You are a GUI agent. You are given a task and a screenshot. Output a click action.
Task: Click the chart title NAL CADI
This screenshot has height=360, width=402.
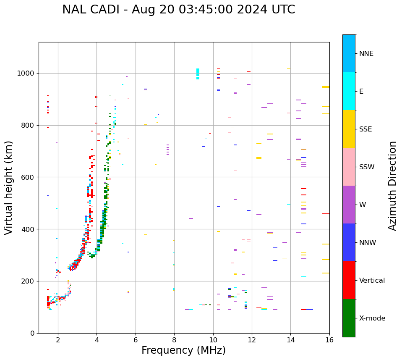(178, 10)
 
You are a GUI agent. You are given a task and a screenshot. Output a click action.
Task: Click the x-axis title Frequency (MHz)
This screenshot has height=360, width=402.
(183, 350)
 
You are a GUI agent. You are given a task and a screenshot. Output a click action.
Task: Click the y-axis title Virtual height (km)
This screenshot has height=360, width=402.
(9, 188)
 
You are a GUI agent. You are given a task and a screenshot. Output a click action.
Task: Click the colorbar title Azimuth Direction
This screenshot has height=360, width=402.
(392, 186)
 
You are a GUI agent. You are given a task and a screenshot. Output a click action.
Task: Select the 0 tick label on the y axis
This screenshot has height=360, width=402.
(32, 333)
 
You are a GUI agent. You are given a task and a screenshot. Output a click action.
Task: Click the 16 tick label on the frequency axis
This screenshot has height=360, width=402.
(329, 340)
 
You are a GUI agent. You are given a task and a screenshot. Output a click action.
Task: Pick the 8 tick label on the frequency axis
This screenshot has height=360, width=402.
(174, 340)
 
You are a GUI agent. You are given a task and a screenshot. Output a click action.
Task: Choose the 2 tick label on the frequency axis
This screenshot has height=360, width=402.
(58, 340)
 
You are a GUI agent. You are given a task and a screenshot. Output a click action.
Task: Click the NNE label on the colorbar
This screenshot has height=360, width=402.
(366, 54)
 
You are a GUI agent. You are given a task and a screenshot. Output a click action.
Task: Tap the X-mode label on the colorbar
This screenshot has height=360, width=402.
(372, 318)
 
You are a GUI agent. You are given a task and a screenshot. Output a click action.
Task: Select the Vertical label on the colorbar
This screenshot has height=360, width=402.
(372, 281)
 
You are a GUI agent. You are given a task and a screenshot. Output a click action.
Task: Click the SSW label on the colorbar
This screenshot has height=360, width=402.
(367, 167)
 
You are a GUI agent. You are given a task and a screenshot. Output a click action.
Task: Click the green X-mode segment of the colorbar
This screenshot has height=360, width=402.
(349, 318)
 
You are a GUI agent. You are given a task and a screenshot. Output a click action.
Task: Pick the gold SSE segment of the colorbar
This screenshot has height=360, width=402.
(349, 129)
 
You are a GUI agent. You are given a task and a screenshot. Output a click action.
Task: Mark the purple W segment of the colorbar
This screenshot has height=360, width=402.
(349, 205)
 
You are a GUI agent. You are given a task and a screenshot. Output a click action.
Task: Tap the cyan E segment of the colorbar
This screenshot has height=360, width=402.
(349, 91)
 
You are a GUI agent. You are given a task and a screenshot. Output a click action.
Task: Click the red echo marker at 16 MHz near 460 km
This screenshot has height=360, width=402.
(326, 214)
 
